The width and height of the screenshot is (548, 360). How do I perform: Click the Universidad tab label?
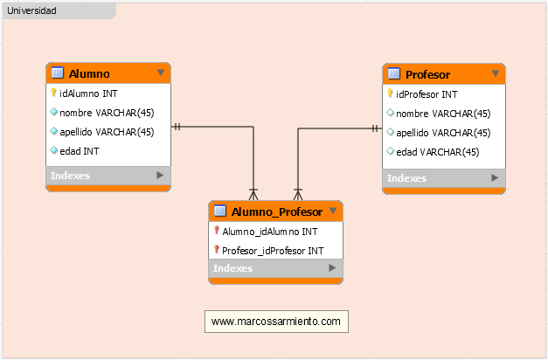(x=31, y=10)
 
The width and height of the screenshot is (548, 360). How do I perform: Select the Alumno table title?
(x=89, y=73)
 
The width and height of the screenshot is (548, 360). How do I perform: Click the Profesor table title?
(x=427, y=75)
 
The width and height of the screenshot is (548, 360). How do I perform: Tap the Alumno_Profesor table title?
(x=277, y=211)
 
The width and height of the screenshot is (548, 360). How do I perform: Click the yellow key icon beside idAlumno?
(x=53, y=93)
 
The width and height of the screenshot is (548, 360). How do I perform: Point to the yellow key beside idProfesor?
(x=390, y=93)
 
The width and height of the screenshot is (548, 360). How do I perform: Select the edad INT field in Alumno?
(x=80, y=151)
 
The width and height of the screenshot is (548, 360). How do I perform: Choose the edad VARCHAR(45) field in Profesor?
(x=438, y=152)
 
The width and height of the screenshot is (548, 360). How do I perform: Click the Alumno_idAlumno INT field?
(x=270, y=232)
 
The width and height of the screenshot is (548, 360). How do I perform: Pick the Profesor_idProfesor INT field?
(x=273, y=251)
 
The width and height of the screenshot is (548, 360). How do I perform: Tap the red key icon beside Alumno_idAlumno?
(x=217, y=230)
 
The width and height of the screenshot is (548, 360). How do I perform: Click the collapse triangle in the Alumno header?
(x=161, y=73)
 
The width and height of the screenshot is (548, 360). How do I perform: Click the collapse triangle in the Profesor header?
(x=496, y=73)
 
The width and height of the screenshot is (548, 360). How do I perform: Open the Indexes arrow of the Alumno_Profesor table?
(x=332, y=267)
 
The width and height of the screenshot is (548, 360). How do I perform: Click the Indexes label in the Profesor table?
(x=406, y=178)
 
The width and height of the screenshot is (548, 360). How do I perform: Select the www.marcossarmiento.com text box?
(x=276, y=322)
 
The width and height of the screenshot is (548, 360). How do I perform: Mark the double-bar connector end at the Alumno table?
(x=177, y=127)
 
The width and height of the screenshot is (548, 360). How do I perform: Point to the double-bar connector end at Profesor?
(x=375, y=128)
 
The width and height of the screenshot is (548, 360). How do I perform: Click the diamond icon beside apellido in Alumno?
(x=54, y=131)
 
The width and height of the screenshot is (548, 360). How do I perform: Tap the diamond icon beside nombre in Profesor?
(x=391, y=113)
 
